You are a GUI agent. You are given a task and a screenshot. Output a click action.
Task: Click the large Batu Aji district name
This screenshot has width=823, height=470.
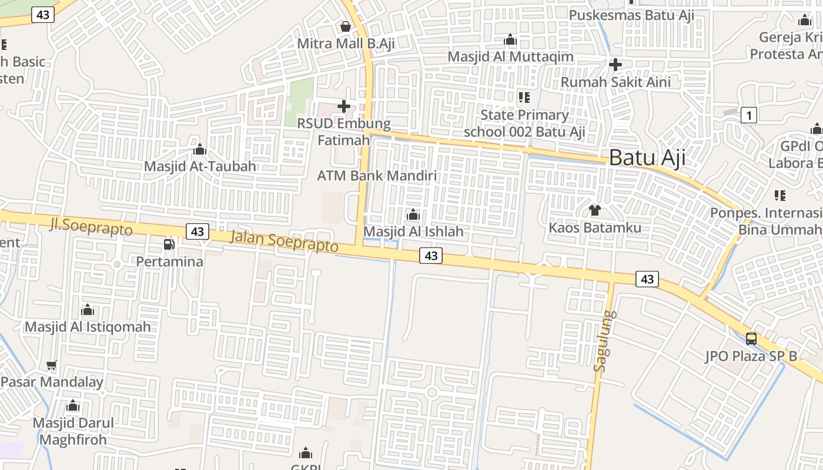tap(647, 157)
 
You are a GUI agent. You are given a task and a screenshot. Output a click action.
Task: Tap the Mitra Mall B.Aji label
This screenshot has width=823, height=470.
tap(345, 43)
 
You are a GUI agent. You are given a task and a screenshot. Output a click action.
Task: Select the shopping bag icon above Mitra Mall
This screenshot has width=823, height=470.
tap(345, 26)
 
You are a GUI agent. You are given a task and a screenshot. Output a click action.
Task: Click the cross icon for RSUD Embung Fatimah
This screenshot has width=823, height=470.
tap(344, 106)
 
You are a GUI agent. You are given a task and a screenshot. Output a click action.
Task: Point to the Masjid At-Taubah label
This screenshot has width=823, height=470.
tap(200, 166)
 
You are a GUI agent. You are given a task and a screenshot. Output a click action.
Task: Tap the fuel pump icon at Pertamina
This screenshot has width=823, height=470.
tap(169, 244)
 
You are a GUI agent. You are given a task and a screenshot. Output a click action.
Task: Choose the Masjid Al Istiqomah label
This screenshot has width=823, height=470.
tap(88, 327)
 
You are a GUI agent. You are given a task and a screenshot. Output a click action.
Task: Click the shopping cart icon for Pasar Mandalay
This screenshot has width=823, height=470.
tap(52, 365)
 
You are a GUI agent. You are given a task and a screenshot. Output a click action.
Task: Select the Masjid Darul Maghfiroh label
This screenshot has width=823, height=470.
tap(73, 431)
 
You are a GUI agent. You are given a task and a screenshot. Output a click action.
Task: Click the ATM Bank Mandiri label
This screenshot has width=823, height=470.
tap(377, 176)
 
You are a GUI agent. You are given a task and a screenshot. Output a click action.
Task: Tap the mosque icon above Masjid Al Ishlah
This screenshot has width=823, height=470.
tap(413, 214)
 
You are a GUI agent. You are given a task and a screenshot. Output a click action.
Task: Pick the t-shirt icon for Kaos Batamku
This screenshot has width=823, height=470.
tap(595, 210)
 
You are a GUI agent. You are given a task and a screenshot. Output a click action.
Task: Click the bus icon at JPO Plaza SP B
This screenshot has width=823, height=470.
tap(751, 338)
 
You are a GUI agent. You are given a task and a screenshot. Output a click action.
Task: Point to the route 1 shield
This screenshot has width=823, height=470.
tap(748, 116)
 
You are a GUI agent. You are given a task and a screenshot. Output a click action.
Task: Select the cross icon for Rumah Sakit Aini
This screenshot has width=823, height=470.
tap(615, 64)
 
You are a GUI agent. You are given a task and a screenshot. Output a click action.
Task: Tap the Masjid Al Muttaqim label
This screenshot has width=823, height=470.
tap(510, 57)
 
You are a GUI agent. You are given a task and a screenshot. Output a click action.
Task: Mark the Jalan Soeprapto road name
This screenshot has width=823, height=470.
tap(285, 241)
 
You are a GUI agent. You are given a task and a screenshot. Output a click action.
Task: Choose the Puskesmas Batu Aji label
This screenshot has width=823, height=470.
tap(632, 15)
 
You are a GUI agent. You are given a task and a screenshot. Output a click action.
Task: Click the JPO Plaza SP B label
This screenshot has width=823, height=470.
tap(751, 356)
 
